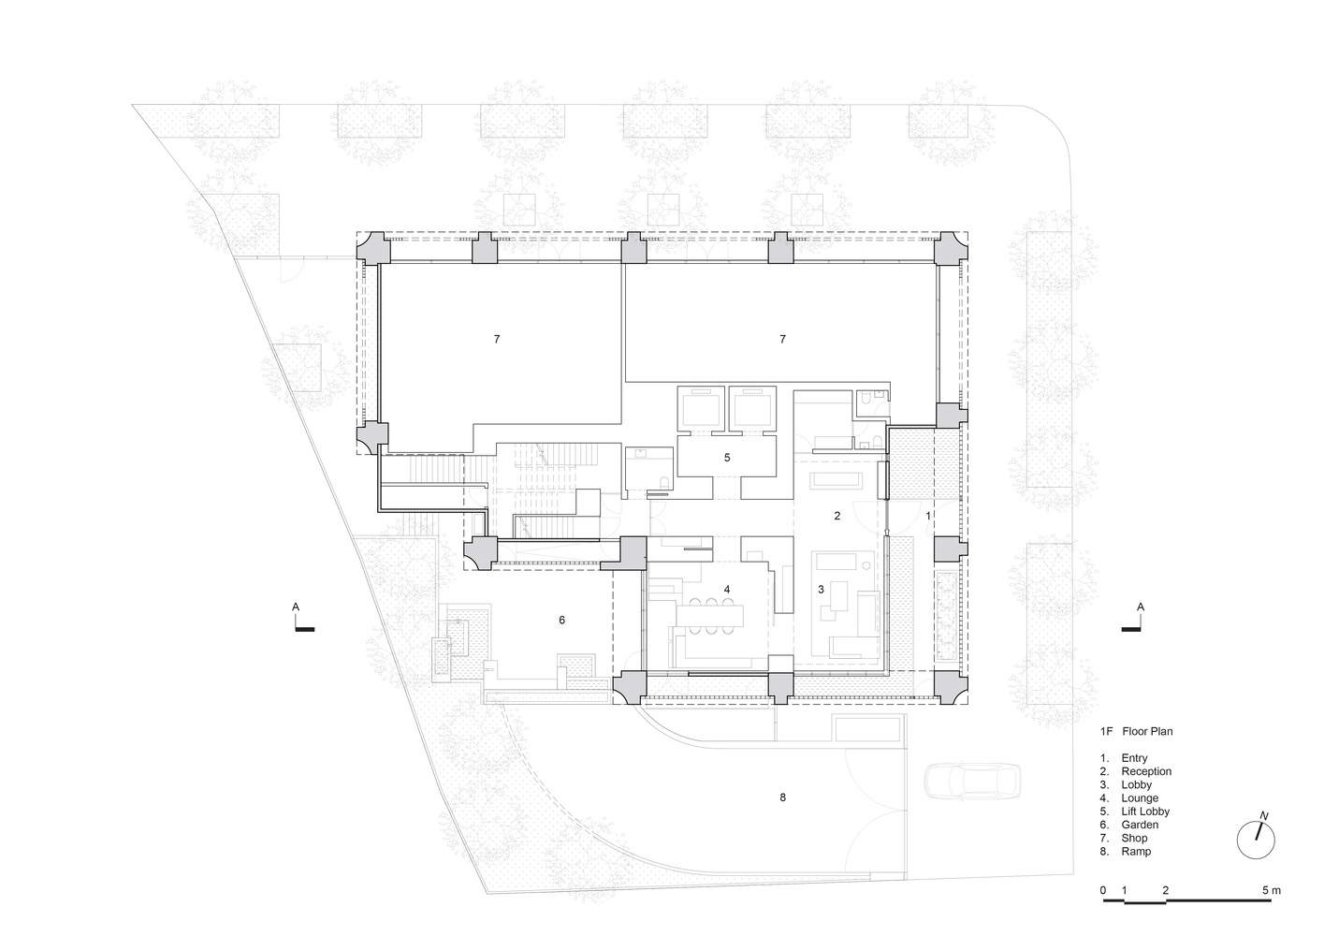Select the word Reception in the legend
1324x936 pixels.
tap(1146, 771)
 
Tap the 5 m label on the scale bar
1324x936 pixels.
tap(1270, 890)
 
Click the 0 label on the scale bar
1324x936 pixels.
tap(1103, 890)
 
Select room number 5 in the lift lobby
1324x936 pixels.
tap(726, 458)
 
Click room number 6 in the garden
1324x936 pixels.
tap(561, 620)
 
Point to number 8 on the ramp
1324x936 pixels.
tap(782, 797)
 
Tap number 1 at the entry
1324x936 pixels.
tap(927, 516)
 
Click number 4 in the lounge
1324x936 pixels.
tap(726, 590)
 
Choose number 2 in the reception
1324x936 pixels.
tap(837, 516)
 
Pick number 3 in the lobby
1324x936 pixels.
tap(821, 590)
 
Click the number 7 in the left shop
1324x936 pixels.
tap(497, 339)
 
